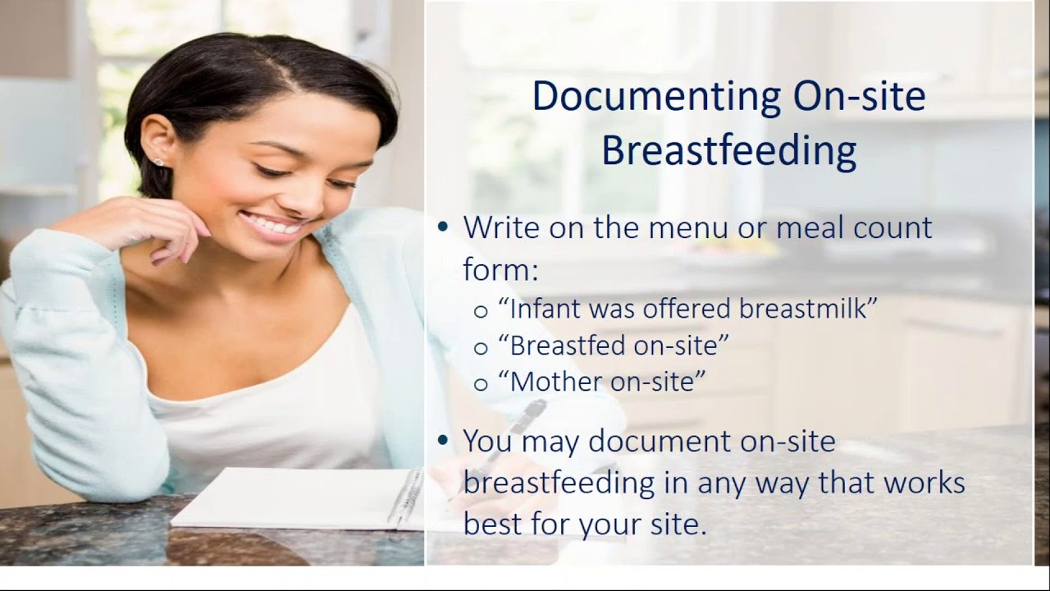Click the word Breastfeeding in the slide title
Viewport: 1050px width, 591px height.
(728, 151)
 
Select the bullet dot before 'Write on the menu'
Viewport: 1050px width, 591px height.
(444, 227)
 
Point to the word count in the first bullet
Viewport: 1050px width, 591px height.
(890, 228)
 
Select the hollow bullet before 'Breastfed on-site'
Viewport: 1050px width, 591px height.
(481, 347)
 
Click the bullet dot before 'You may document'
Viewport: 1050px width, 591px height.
(444, 441)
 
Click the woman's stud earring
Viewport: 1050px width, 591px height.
(158, 163)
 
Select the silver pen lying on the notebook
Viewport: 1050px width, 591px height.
(406, 496)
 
